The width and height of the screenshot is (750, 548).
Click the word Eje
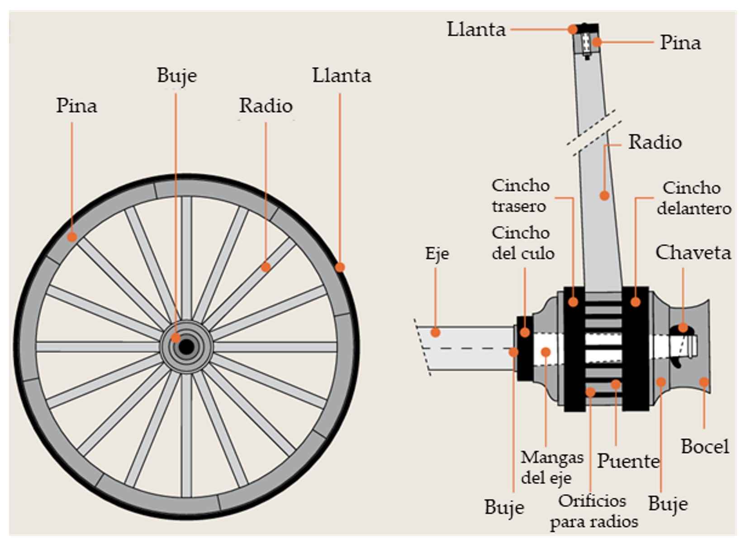(x=437, y=254)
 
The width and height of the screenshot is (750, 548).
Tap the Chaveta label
(x=693, y=253)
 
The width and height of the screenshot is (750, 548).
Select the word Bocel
(x=705, y=447)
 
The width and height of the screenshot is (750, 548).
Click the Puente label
(x=628, y=461)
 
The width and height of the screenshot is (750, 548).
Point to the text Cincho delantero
(x=693, y=198)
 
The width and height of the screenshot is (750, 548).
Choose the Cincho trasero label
(x=520, y=195)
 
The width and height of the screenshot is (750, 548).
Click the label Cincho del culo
(x=523, y=243)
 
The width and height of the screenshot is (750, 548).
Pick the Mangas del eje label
(x=551, y=467)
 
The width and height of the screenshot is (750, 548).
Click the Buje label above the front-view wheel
(x=176, y=75)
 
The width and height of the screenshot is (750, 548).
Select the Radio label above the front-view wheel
(x=266, y=106)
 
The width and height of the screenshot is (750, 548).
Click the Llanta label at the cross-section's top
(x=476, y=30)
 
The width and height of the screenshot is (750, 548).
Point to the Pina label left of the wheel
(x=76, y=106)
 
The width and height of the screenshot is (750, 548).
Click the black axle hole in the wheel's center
(x=186, y=347)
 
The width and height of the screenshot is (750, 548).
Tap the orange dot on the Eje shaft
(x=435, y=333)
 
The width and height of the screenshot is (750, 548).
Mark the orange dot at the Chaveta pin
(x=683, y=328)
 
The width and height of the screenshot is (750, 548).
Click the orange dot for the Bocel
(x=703, y=382)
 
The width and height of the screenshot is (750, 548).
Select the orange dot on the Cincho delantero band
(x=636, y=302)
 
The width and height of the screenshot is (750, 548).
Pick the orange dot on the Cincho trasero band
(x=573, y=302)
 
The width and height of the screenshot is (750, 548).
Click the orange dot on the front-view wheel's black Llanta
(x=340, y=267)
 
